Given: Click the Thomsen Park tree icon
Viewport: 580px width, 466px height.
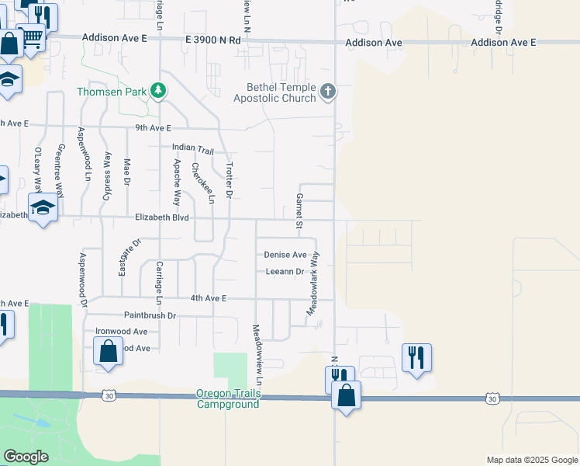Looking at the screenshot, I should [158, 92].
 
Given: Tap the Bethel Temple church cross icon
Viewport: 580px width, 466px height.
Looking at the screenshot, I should [327, 92].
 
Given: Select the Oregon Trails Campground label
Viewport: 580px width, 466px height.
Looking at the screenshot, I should [229, 399].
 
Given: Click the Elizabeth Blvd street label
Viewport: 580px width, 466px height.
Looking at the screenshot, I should [163, 218].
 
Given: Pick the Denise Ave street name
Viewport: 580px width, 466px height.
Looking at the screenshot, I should [285, 255].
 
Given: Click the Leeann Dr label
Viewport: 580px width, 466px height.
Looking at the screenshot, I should [285, 271].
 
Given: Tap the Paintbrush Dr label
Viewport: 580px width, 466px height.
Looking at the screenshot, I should [150, 315].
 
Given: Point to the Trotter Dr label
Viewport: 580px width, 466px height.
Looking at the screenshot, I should [229, 179].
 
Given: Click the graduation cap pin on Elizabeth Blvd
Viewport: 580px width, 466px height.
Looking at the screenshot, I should [43, 207].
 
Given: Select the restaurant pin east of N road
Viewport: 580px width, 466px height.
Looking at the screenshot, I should [416, 357].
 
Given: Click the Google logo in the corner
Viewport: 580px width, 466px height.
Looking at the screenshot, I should [26, 457].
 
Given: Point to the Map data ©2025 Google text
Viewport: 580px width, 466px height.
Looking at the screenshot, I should [531, 460].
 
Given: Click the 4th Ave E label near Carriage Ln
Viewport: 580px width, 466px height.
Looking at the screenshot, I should [208, 298].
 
